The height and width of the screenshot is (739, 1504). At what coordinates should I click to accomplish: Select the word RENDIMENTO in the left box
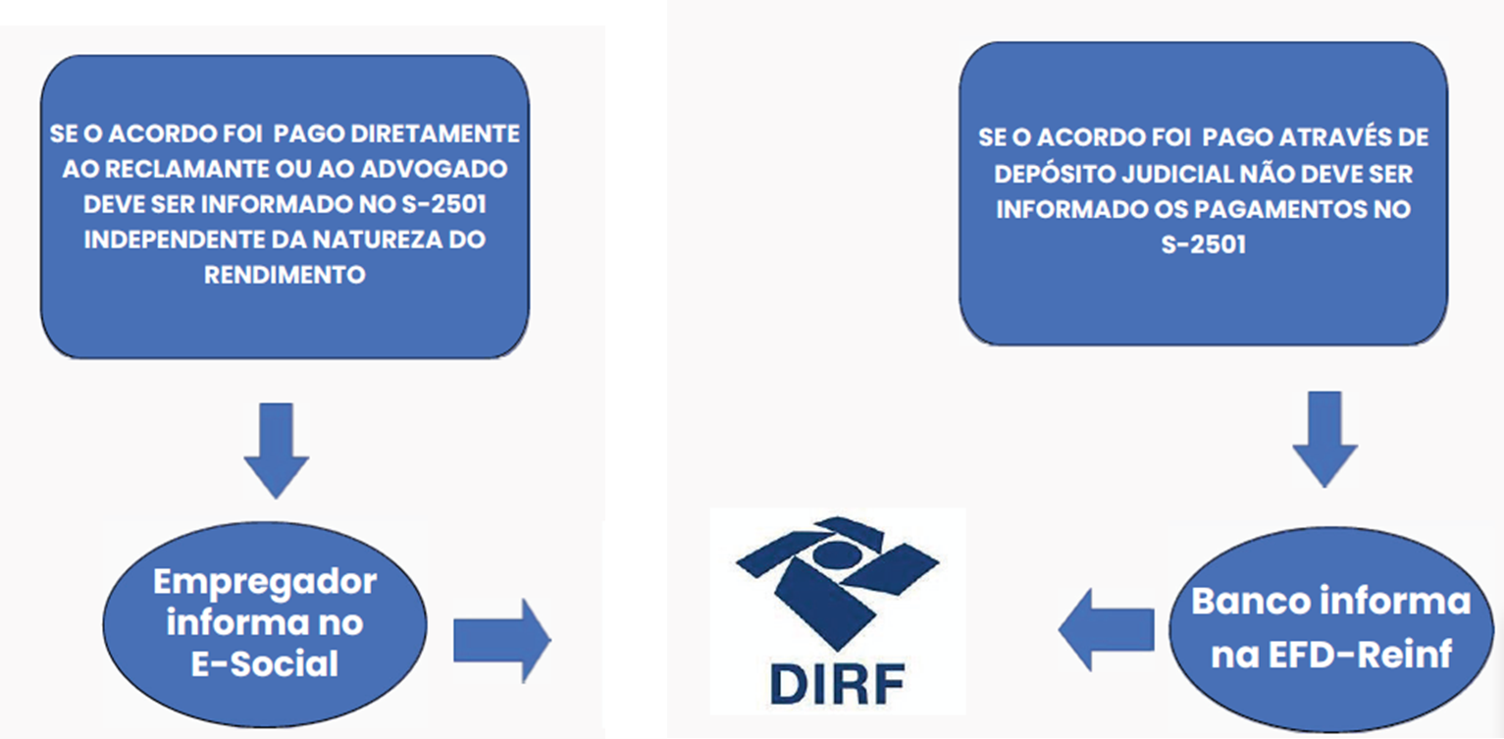(285, 275)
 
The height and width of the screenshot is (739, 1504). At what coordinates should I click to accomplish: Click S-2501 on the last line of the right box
(1203, 244)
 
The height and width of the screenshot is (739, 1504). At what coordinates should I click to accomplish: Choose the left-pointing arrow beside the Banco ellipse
(1107, 629)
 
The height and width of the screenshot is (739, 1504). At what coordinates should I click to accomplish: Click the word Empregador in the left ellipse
(265, 581)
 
